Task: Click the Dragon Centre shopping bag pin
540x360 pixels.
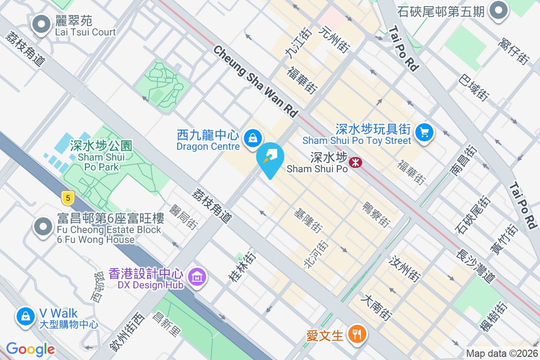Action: pyautogui.click(x=253, y=138)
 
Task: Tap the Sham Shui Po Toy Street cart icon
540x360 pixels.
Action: pyautogui.click(x=424, y=132)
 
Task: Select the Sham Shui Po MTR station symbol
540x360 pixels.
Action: pyautogui.click(x=355, y=162)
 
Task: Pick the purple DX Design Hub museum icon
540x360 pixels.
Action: pyautogui.click(x=197, y=276)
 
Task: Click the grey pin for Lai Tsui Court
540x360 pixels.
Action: pyautogui.click(x=42, y=24)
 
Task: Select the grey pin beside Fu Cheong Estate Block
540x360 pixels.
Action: pyautogui.click(x=44, y=227)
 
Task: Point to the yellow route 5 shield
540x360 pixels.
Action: pyautogui.click(x=68, y=197)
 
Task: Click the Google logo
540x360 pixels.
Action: pyautogui.click(x=30, y=349)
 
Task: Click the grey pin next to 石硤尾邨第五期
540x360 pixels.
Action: pyautogui.click(x=499, y=11)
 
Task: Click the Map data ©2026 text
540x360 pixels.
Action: pyautogui.click(x=502, y=353)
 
